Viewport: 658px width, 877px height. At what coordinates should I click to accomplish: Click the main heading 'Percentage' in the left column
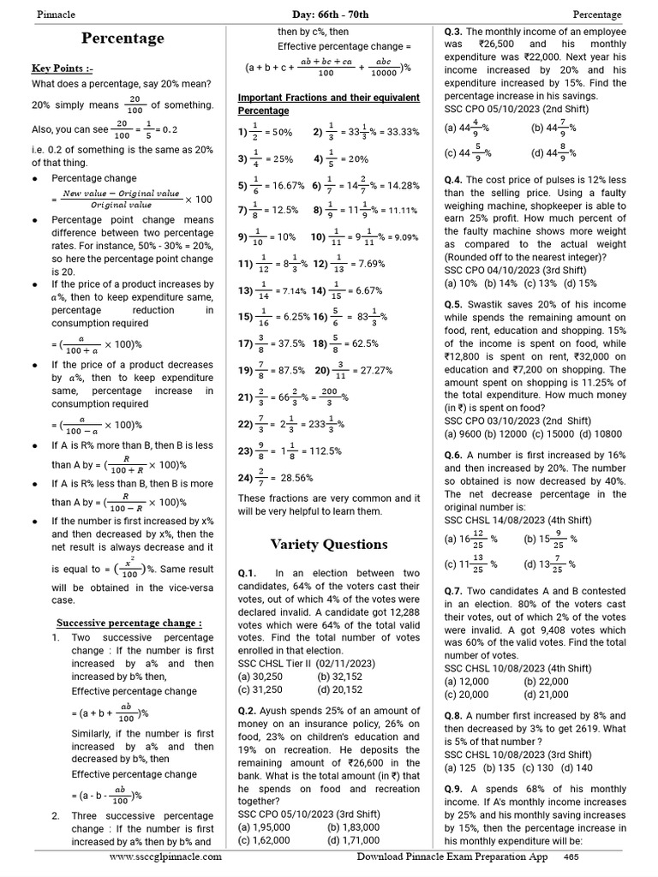point(123,39)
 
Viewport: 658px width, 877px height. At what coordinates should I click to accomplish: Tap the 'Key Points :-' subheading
point(63,68)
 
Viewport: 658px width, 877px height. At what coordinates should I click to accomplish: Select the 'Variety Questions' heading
point(329,544)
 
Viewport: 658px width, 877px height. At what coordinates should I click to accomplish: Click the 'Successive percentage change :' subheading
point(129,623)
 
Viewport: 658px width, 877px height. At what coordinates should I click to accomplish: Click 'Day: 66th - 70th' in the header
point(329,15)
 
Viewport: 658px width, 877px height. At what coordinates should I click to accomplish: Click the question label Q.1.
point(248,573)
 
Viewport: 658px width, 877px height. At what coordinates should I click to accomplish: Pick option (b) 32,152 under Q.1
point(339,676)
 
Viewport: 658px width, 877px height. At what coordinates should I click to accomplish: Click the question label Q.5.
point(454,304)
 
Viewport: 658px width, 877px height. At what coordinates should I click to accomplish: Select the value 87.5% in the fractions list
point(285,371)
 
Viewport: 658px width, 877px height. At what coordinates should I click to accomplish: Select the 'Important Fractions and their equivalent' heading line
point(328,98)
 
